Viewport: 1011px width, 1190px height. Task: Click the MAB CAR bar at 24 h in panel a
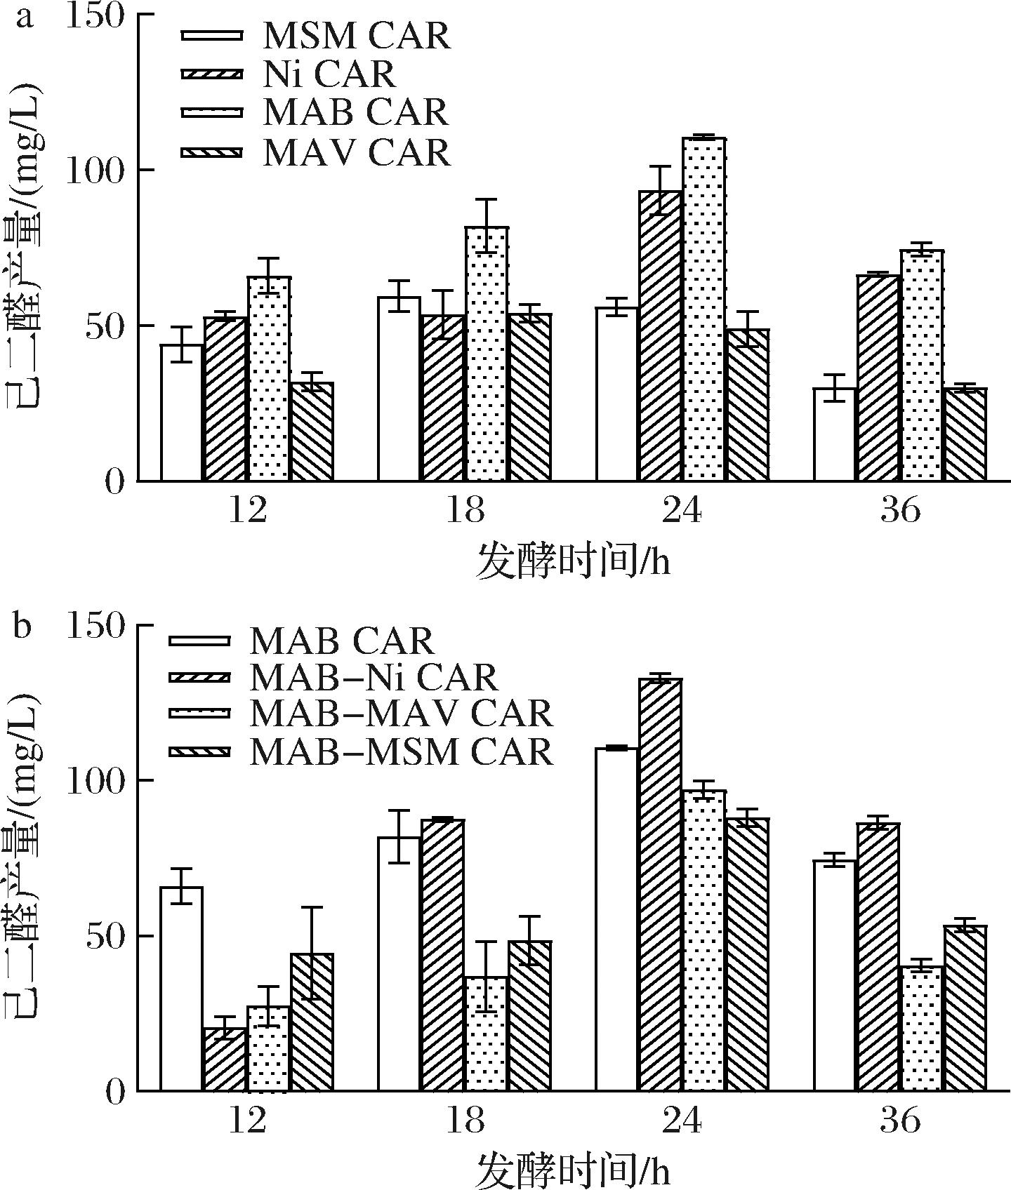point(704,309)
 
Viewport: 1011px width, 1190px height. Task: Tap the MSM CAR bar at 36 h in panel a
point(835,434)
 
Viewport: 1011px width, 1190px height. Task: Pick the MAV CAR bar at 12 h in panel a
point(312,432)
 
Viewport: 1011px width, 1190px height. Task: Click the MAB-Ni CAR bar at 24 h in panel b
point(661,885)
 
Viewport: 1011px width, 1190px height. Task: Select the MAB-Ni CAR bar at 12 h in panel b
point(225,1059)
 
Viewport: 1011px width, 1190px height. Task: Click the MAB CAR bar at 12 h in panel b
point(182,989)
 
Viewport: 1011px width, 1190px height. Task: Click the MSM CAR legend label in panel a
point(357,36)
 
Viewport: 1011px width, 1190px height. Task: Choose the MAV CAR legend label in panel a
point(357,153)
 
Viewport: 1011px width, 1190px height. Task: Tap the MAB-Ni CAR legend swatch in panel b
point(199,677)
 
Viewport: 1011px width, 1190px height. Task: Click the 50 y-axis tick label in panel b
point(105,937)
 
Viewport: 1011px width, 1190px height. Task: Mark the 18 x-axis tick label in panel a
point(465,511)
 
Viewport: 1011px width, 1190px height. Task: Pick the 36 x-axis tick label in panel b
point(900,1121)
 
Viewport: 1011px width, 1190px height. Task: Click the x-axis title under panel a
point(572,561)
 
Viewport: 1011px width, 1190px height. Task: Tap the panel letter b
point(22,627)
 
